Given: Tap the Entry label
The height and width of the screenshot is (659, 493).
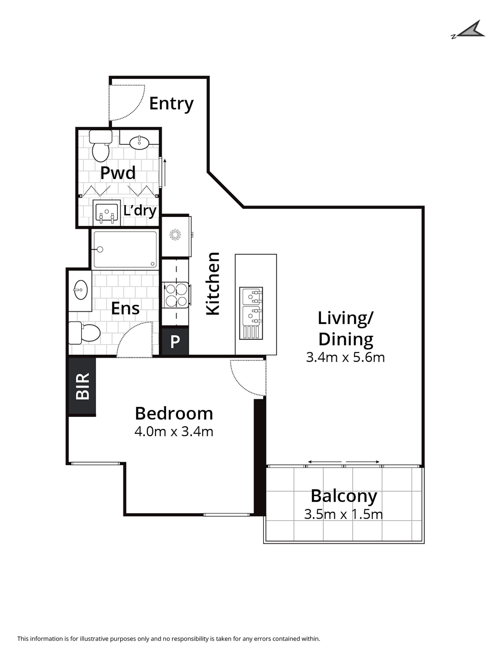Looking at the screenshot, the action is (171, 104).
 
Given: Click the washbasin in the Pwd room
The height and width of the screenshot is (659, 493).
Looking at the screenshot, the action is (139, 143).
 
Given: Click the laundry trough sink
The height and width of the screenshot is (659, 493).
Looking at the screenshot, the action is (107, 213).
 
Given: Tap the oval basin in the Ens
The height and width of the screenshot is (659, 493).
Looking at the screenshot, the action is (80, 290).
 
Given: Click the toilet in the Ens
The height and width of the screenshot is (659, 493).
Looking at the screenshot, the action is (84, 333).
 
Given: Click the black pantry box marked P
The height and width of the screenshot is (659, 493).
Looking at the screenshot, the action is (175, 341).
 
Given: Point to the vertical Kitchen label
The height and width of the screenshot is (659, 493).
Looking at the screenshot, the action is (213, 284).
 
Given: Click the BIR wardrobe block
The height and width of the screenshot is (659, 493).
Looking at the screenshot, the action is (82, 386).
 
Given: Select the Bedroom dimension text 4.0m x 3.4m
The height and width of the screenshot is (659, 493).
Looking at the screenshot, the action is (174, 432).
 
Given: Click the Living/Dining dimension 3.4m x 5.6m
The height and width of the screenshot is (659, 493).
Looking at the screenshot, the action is (345, 357).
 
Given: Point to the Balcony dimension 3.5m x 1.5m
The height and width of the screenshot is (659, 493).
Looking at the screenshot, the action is (343, 514).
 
